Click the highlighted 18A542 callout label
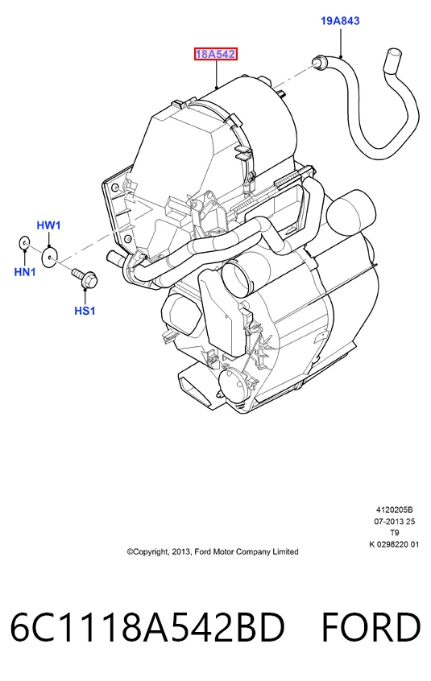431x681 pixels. [x=216, y=54]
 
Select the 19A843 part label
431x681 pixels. [x=340, y=20]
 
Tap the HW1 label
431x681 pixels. [x=48, y=225]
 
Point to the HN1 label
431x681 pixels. [x=25, y=272]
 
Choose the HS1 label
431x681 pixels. [x=85, y=311]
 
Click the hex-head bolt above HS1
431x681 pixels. [x=85, y=278]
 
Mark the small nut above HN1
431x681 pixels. [x=24, y=243]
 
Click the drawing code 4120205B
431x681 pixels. [x=394, y=510]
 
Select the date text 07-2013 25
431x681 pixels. [x=395, y=521]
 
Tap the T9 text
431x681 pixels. [x=395, y=532]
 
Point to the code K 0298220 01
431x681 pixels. [x=394, y=544]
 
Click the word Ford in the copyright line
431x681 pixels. [x=202, y=551]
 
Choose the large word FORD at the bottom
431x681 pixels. [x=371, y=628]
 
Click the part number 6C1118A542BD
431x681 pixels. [x=147, y=628]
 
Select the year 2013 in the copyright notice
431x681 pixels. [x=181, y=552]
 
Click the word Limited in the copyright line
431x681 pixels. [x=285, y=551]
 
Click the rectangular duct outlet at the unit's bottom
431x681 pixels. [x=196, y=386]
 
